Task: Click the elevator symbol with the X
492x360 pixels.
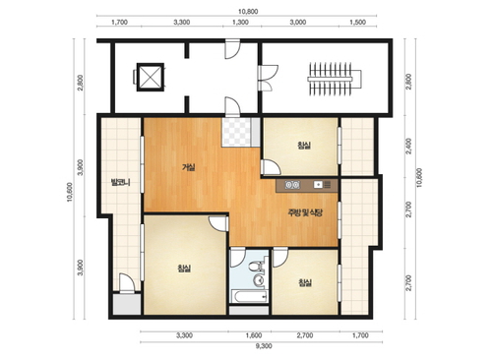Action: pos(150,77)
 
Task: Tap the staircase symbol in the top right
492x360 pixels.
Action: pos(335,79)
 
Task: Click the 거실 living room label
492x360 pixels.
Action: pos(188,167)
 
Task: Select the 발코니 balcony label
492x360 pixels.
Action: pos(121,182)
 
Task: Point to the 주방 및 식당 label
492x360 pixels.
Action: pos(305,212)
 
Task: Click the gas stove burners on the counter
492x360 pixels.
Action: pos(292,185)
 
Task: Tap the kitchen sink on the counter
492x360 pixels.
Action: pos(318,185)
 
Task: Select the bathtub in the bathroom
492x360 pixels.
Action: pos(250,296)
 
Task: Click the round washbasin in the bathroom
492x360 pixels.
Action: pos(259,280)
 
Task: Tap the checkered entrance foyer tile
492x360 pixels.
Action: pos(236,132)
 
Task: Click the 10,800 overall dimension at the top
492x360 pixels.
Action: pos(248,12)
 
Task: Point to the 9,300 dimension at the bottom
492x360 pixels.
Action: pos(264,346)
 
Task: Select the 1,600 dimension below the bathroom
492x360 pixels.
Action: pos(254,335)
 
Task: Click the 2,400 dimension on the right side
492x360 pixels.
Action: pos(408,146)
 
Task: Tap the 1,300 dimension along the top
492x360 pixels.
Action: pos(240,23)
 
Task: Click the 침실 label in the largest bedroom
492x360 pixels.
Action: pos(184,269)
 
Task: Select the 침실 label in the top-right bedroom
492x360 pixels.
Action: pos(304,145)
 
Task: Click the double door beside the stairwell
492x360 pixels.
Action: pos(268,78)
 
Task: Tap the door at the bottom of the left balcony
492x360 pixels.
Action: pos(126,283)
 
